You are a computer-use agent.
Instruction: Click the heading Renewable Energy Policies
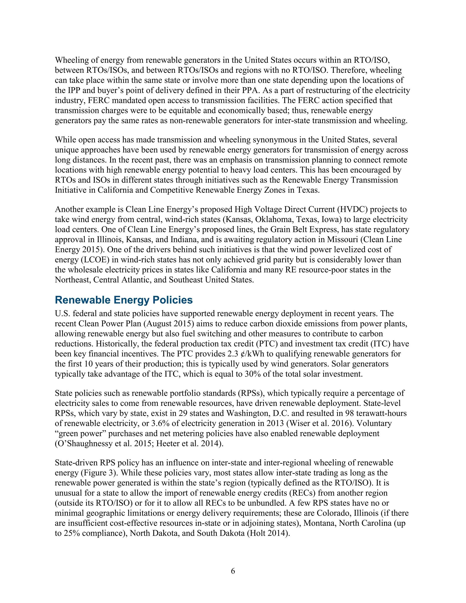coord(124,300)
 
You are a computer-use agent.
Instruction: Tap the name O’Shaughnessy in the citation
coord(84,444)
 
